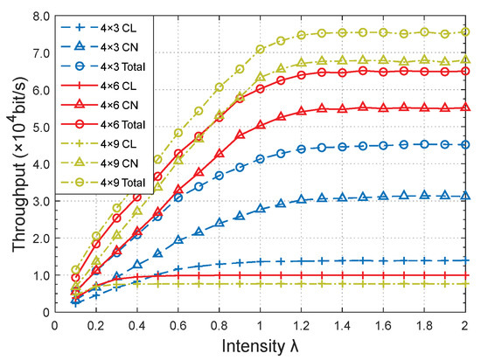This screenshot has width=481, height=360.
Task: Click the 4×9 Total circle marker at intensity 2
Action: pyautogui.click(x=465, y=31)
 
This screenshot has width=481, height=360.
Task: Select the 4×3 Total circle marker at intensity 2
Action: pyautogui.click(x=465, y=145)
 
